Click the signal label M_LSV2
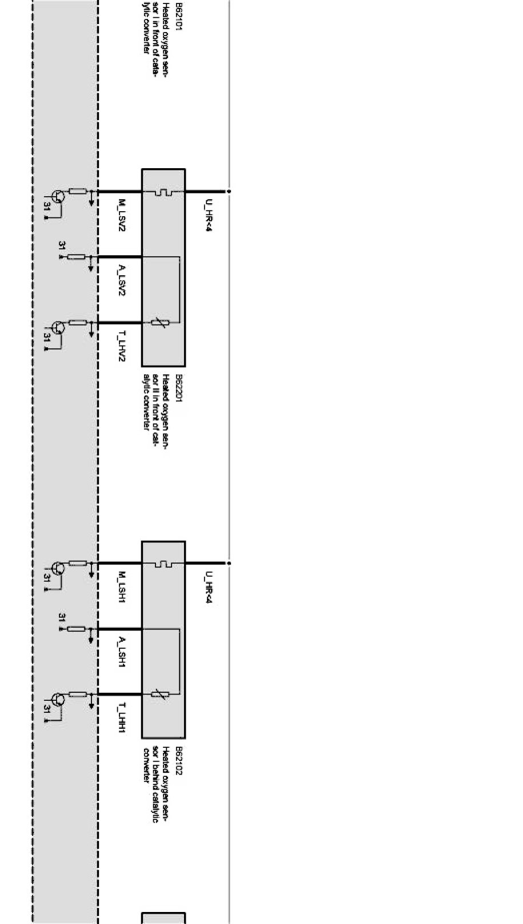click(x=121, y=215)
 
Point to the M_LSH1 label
click(x=121, y=587)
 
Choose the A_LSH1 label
click(x=121, y=652)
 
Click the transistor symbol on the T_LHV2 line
click(x=57, y=328)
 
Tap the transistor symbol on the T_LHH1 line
click(x=57, y=700)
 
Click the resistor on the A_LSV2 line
click(x=77, y=257)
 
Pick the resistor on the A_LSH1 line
click(x=77, y=629)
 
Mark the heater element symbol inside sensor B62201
click(x=163, y=192)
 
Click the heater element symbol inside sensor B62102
click(x=163, y=564)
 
